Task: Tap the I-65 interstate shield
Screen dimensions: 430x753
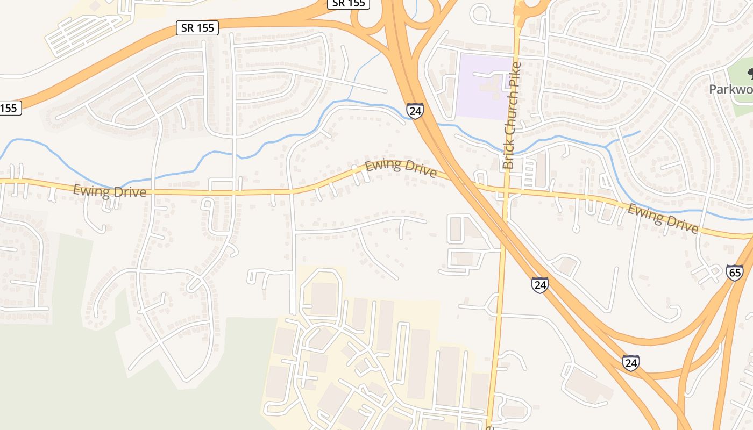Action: pyautogui.click(x=734, y=272)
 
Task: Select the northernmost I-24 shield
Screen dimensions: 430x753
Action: pyautogui.click(x=415, y=111)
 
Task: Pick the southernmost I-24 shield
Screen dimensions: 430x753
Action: pyautogui.click(x=631, y=363)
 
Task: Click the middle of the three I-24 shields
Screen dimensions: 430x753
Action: pyautogui.click(x=539, y=284)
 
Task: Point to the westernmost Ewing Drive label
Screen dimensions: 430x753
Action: pyautogui.click(x=110, y=191)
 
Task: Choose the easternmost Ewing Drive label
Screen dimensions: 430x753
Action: pyautogui.click(x=663, y=219)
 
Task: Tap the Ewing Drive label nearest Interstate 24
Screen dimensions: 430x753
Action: pyautogui.click(x=401, y=168)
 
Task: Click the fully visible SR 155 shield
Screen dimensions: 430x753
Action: pyautogui.click(x=198, y=28)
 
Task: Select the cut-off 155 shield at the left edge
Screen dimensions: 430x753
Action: pyautogui.click(x=9, y=108)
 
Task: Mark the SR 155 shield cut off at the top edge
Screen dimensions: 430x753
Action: pyautogui.click(x=348, y=4)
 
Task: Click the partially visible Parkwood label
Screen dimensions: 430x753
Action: pyautogui.click(x=731, y=89)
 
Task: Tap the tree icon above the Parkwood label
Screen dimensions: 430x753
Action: pyautogui.click(x=750, y=72)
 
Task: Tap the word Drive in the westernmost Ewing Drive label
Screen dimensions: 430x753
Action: pyautogui.click(x=129, y=192)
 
